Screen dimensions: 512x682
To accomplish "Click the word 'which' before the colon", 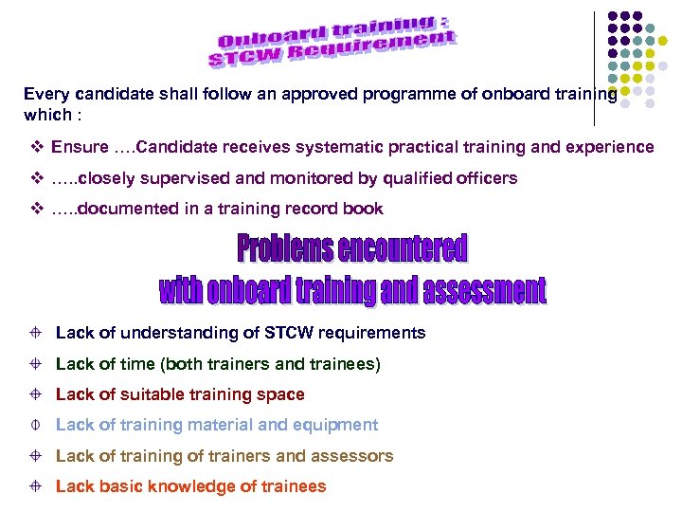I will (x=45, y=115).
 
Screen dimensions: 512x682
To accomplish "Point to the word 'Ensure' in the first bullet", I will (x=80, y=147).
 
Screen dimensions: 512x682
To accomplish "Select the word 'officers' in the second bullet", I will (x=487, y=177).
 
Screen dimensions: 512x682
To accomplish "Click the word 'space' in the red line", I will (x=283, y=393).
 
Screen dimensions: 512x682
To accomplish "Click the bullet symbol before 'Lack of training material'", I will (x=33, y=425).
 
